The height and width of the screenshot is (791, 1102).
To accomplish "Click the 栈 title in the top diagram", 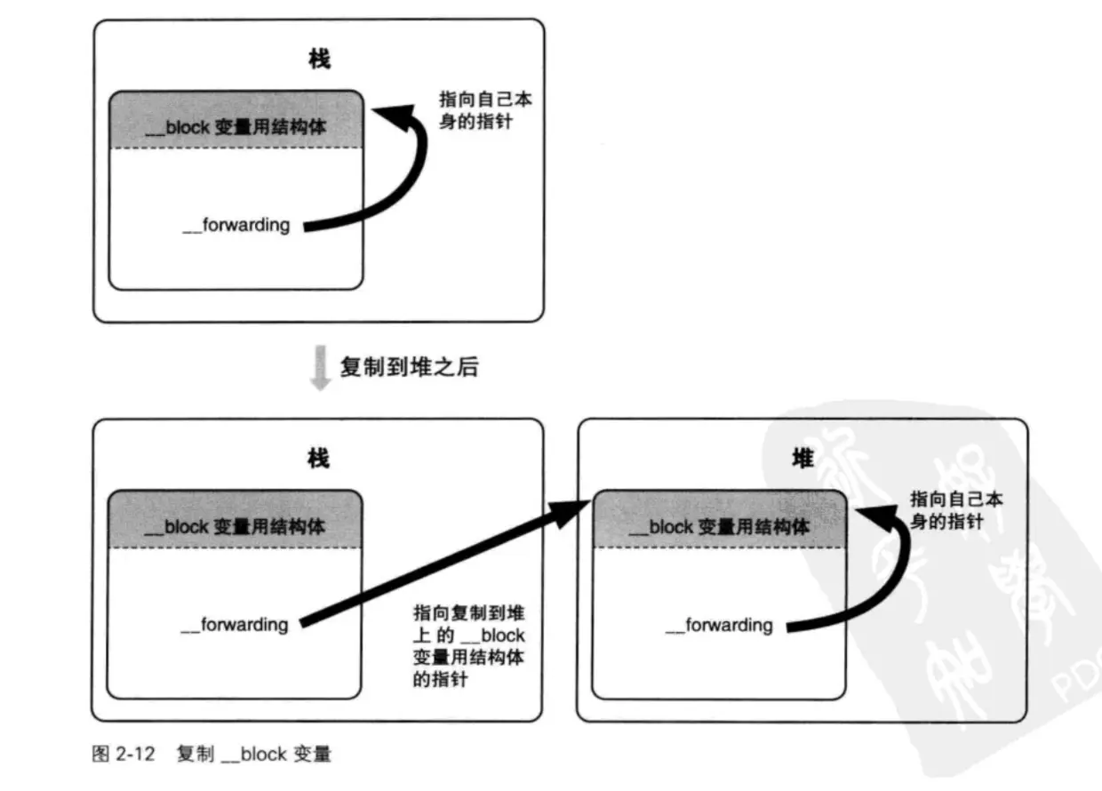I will coord(319,60).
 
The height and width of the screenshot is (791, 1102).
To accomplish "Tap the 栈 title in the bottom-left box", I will coord(318,459).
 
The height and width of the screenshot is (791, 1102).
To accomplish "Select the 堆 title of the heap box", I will coord(803,459).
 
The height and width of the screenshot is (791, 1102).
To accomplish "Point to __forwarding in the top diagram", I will coord(236,226).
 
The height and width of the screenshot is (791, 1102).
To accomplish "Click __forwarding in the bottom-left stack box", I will coord(236,625).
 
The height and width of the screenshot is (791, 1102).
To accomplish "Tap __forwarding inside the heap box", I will coord(719,626).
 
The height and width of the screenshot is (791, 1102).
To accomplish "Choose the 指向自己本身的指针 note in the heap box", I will coord(956,510).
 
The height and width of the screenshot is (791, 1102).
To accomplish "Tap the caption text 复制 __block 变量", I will coord(254,755).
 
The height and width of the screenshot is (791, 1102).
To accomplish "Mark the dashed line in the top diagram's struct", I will coord(236,148).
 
